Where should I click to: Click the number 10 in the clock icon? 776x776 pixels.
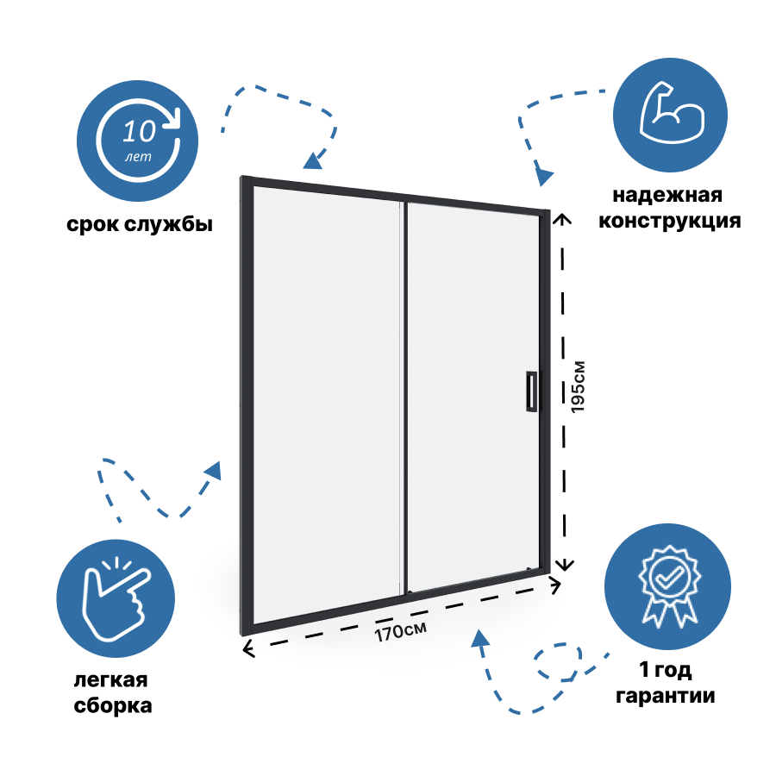pos(139,131)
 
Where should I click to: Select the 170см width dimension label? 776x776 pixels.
pos(399,631)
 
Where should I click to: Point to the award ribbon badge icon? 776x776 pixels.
pos(665,585)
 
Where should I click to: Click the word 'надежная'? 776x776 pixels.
pos(667,196)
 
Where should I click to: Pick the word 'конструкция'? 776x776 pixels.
pos(670,221)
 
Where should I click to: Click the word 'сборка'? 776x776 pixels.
pos(113,706)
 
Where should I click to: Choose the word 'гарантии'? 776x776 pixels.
pos(665,696)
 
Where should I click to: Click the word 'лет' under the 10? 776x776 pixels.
pos(136,157)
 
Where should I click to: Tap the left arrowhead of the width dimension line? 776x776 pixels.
pos(247,649)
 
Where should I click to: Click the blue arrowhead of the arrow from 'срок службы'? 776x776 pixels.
pos(312,160)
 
